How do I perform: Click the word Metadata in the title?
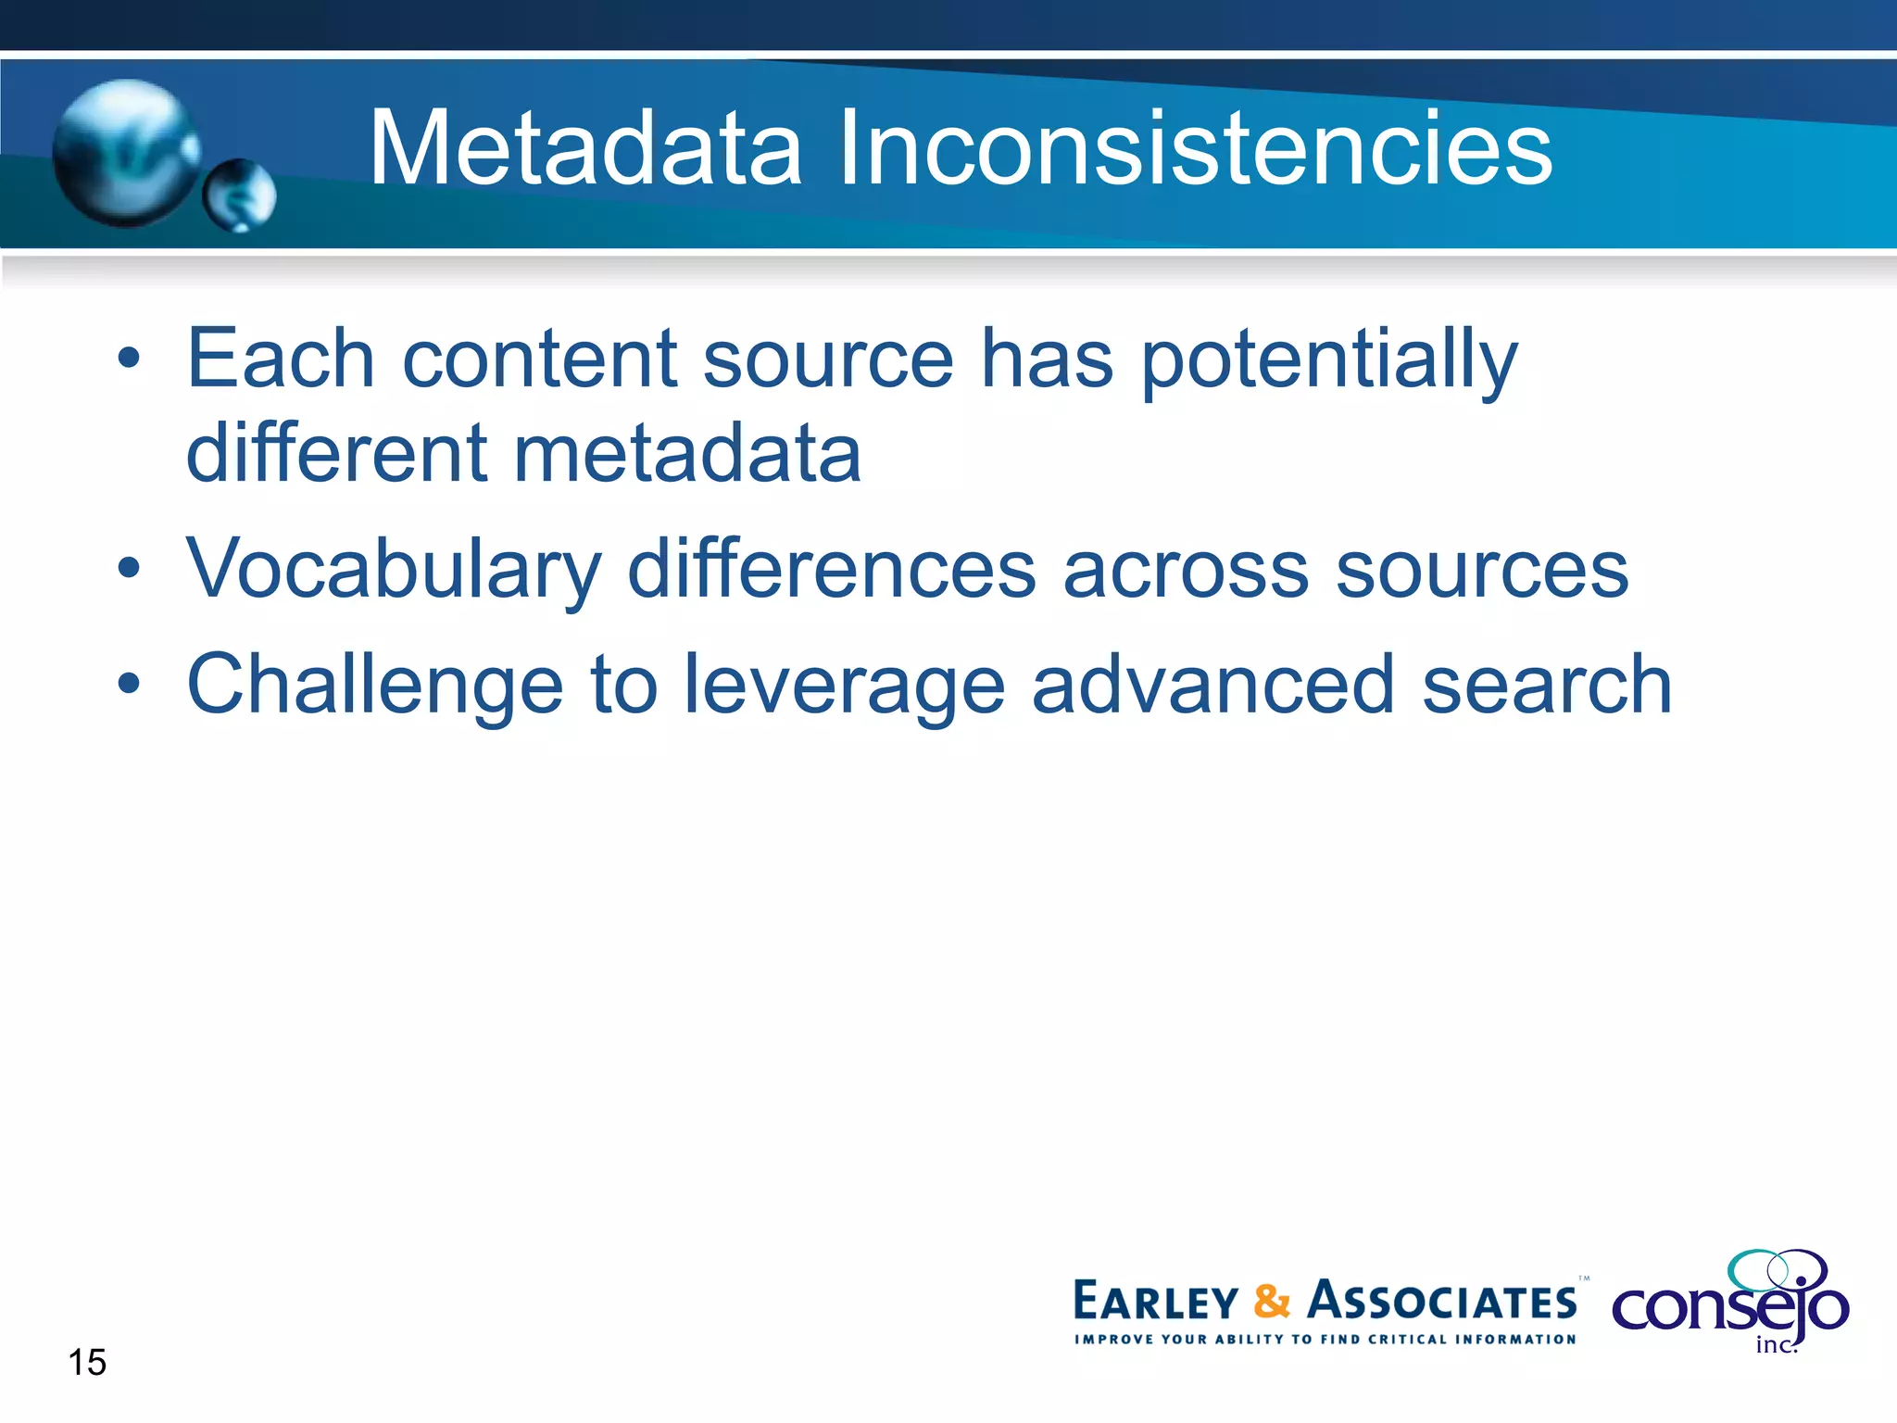coord(585,148)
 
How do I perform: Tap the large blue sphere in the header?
coord(125,153)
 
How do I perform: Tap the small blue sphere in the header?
coord(240,195)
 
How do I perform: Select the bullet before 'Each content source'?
coord(130,359)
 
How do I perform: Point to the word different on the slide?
coord(336,454)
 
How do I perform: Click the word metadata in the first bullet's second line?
coord(687,454)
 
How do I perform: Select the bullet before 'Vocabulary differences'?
coord(130,569)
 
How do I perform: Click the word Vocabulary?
coord(394,571)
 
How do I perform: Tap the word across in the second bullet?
coord(1186,571)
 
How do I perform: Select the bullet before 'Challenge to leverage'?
coord(130,685)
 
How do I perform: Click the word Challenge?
coord(375,686)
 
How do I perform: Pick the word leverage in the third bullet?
coord(845,686)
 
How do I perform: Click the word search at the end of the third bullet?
coord(1547,685)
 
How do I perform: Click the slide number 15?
coord(87,1363)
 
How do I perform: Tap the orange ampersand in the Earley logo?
coord(1272,1302)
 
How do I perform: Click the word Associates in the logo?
coord(1441,1302)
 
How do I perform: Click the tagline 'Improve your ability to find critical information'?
coord(1325,1340)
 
